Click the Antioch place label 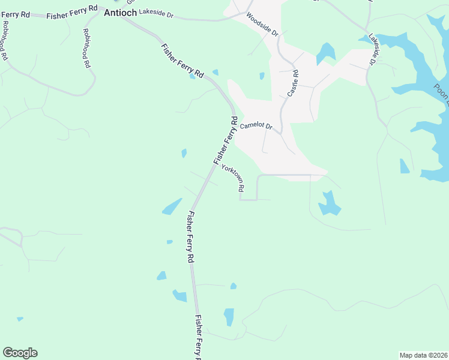tap(120, 12)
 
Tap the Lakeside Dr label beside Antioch tap(155, 12)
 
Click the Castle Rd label tap(293, 84)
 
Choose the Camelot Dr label tap(256, 127)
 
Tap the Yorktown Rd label tap(233, 178)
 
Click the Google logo tap(20, 353)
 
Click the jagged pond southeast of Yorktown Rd tap(328, 203)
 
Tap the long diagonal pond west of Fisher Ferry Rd tap(172, 206)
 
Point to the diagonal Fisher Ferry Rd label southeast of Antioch tap(182, 62)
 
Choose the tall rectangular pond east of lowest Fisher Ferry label tap(229, 317)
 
